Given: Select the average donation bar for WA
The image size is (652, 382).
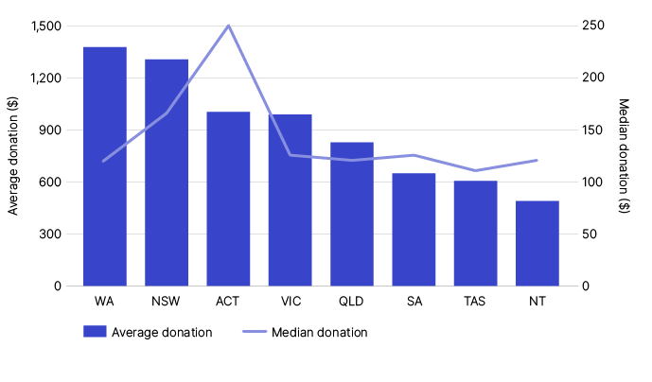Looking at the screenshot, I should click(105, 166).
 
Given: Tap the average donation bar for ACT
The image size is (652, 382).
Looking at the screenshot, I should click(228, 199).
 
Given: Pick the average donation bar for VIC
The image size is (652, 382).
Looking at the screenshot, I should click(291, 200).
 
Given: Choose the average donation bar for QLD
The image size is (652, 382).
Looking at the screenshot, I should click(352, 214).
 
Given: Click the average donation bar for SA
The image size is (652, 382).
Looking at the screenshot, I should click(414, 229).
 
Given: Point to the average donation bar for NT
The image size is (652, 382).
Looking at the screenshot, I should click(537, 243).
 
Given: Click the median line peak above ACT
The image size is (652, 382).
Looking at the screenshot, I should click(228, 26).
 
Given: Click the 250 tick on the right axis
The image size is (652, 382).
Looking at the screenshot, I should click(591, 26).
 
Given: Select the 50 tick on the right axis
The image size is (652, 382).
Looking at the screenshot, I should click(589, 234).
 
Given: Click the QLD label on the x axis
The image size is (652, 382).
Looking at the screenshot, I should click(352, 302).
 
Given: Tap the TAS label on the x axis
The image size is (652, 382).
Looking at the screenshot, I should click(476, 302).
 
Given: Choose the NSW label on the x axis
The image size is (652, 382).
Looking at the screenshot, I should click(167, 302).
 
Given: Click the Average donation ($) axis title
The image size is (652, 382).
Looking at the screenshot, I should click(13, 156).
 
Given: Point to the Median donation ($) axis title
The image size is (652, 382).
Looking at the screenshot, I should click(624, 156).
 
